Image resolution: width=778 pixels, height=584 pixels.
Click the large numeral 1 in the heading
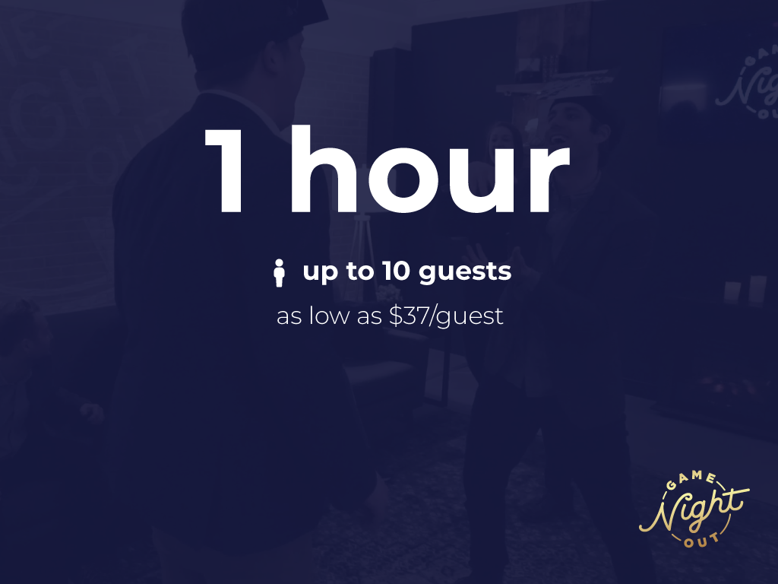[226, 171]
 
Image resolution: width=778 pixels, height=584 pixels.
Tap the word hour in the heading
[430, 170]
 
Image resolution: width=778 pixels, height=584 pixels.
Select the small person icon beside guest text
[280, 273]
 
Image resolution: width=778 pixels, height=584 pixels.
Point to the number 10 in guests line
[397, 271]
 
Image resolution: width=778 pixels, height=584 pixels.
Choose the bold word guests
[465, 273]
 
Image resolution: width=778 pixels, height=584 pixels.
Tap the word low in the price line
[328, 316]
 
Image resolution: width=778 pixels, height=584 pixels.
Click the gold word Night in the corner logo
[693, 509]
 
